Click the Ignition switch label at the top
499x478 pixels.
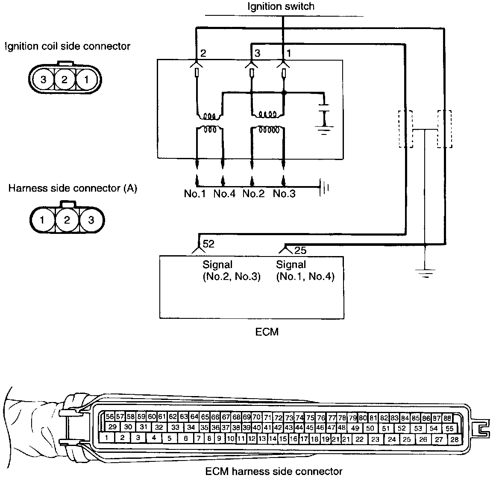[x=281, y=6]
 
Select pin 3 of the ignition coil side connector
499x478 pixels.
[x=43, y=79]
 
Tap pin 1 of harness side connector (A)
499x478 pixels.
[x=42, y=220]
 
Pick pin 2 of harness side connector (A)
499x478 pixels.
[x=67, y=220]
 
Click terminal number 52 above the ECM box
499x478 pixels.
[x=208, y=244]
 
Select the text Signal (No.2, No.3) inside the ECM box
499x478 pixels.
[x=231, y=271]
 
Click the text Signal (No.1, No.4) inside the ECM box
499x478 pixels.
[x=305, y=271]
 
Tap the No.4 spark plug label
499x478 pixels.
[x=224, y=194]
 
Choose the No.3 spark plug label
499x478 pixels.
[x=284, y=194]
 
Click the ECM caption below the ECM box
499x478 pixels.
[x=267, y=331]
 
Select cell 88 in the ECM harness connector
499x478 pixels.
[x=447, y=418]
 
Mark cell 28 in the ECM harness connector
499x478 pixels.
[x=454, y=439]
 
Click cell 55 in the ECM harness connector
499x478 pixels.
[x=449, y=428]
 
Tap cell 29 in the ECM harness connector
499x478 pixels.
[x=113, y=427]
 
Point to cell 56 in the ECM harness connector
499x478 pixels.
[x=110, y=417]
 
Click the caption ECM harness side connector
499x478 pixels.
[x=274, y=471]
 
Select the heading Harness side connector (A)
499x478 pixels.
[x=73, y=188]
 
